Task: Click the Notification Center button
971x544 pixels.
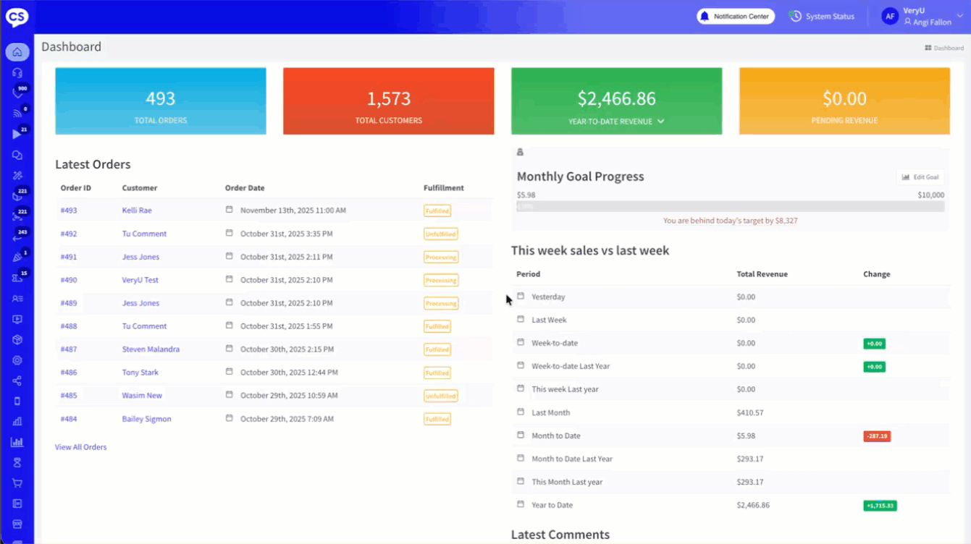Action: tap(736, 16)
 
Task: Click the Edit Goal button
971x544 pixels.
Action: tap(920, 177)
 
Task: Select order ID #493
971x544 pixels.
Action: tap(69, 211)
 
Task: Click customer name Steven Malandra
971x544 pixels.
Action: tap(151, 349)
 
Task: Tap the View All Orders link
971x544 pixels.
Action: tap(80, 447)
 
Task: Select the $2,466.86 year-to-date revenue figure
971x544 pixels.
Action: tap(616, 98)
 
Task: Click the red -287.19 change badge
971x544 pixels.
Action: tap(876, 436)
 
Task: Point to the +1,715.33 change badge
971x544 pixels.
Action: tap(880, 506)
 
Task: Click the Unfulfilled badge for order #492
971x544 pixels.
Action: tap(441, 234)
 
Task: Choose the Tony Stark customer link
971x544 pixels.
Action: tap(140, 373)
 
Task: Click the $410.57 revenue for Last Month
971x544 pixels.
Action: tap(749, 413)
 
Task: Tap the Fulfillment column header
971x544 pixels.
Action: tap(443, 188)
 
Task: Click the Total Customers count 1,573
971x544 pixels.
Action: tap(388, 98)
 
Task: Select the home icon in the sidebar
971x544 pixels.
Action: tap(17, 52)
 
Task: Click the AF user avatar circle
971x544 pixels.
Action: tap(890, 16)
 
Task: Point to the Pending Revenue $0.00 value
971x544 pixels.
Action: tap(844, 98)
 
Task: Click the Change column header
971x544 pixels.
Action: tap(876, 274)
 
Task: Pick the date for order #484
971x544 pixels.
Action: tap(287, 419)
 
